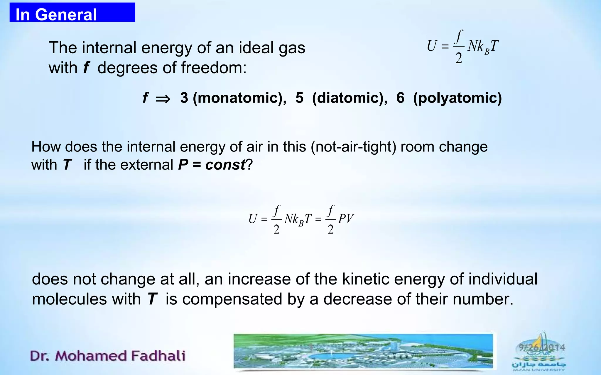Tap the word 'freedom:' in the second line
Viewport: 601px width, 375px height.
(214, 68)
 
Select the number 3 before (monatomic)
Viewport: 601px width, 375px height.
(184, 98)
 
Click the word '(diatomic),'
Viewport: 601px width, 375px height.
(350, 98)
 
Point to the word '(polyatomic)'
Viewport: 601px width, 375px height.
(457, 98)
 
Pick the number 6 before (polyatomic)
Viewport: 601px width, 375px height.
(400, 98)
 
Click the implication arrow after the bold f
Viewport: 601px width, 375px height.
(163, 99)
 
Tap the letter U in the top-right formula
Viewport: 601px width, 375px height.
(432, 46)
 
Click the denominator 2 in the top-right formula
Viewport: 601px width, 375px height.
(459, 58)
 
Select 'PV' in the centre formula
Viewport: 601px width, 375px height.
(346, 219)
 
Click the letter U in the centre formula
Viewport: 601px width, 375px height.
(253, 219)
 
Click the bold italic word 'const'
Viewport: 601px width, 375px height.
(225, 165)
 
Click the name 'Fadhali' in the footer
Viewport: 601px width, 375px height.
(158, 356)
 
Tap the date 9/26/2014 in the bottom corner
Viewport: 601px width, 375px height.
(542, 348)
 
